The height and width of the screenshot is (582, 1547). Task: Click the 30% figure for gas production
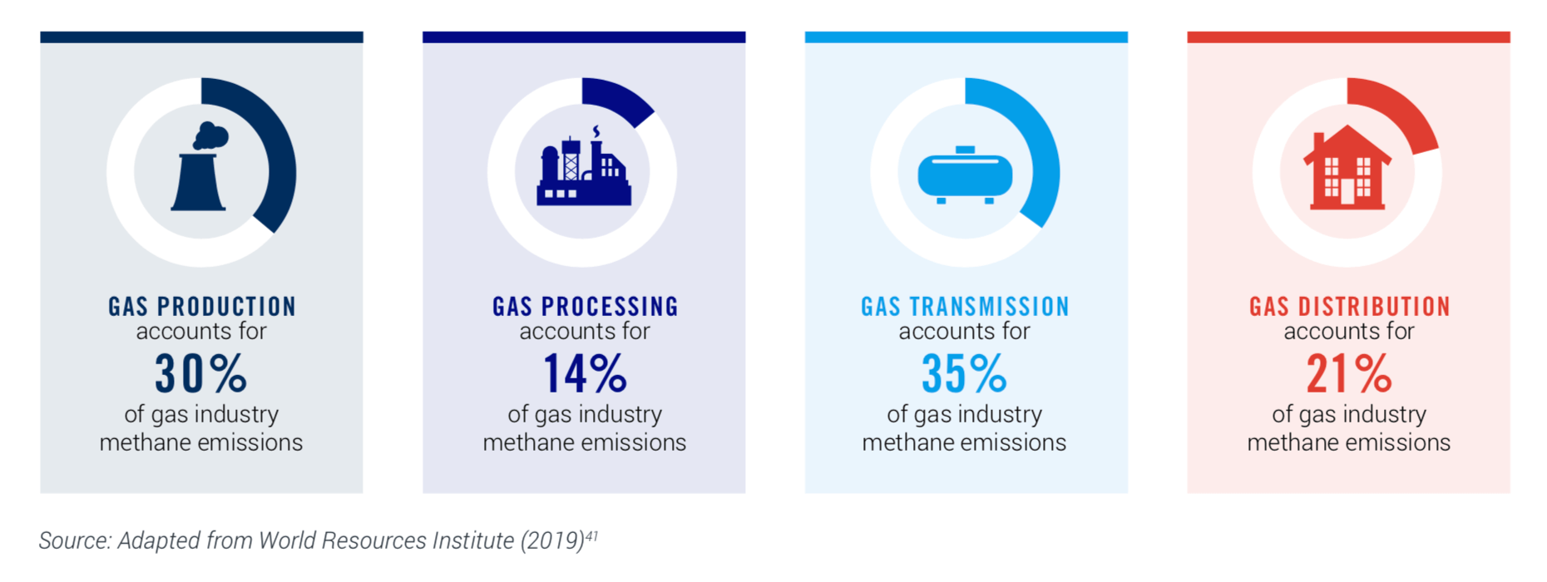(201, 373)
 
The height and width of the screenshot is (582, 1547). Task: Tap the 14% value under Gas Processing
(585, 373)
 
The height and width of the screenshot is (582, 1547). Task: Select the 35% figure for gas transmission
(964, 373)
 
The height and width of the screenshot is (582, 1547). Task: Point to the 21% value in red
(1348, 373)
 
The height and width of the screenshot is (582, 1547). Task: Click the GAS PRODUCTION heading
(202, 307)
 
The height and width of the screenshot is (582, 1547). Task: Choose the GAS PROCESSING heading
(585, 307)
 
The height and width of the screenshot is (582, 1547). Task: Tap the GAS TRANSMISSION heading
(965, 307)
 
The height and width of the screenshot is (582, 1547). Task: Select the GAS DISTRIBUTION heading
(1349, 307)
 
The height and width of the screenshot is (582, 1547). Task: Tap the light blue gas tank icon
(965, 175)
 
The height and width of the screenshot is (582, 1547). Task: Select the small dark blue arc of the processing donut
(620, 98)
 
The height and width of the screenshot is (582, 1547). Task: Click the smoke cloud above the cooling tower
(210, 136)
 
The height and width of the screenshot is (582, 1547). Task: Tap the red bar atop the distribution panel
(1348, 37)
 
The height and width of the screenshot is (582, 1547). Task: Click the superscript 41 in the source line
(591, 535)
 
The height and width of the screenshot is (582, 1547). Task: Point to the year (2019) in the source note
(552, 541)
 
